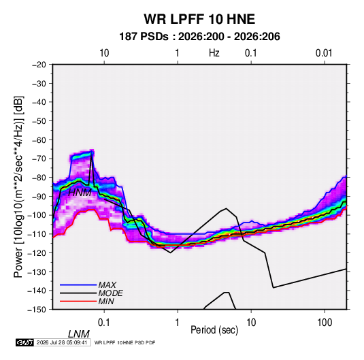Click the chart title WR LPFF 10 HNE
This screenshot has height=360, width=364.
[199, 19]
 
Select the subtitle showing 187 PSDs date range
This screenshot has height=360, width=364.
[199, 37]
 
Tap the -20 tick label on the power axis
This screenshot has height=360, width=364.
[39, 65]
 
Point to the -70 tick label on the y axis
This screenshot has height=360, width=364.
[39, 159]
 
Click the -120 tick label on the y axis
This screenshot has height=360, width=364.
[37, 253]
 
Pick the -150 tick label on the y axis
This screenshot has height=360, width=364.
[37, 310]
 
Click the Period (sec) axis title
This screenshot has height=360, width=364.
[214, 330]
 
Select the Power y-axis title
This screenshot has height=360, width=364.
[18, 187]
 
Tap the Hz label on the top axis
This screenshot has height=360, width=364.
[214, 53]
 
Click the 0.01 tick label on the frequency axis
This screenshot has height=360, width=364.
[324, 53]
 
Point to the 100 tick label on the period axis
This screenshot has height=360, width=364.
[325, 323]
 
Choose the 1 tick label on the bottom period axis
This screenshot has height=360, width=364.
[178, 323]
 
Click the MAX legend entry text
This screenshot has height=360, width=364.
[107, 285]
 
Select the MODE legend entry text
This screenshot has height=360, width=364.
[110, 293]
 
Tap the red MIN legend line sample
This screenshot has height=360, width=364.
[78, 301]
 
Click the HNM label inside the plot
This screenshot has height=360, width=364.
[80, 193]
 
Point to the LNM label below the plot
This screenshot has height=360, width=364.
[79, 334]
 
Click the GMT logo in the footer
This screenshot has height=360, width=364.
[24, 342]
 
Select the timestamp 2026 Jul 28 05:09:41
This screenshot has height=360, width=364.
[62, 342]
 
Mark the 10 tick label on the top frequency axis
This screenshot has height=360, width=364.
[104, 53]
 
